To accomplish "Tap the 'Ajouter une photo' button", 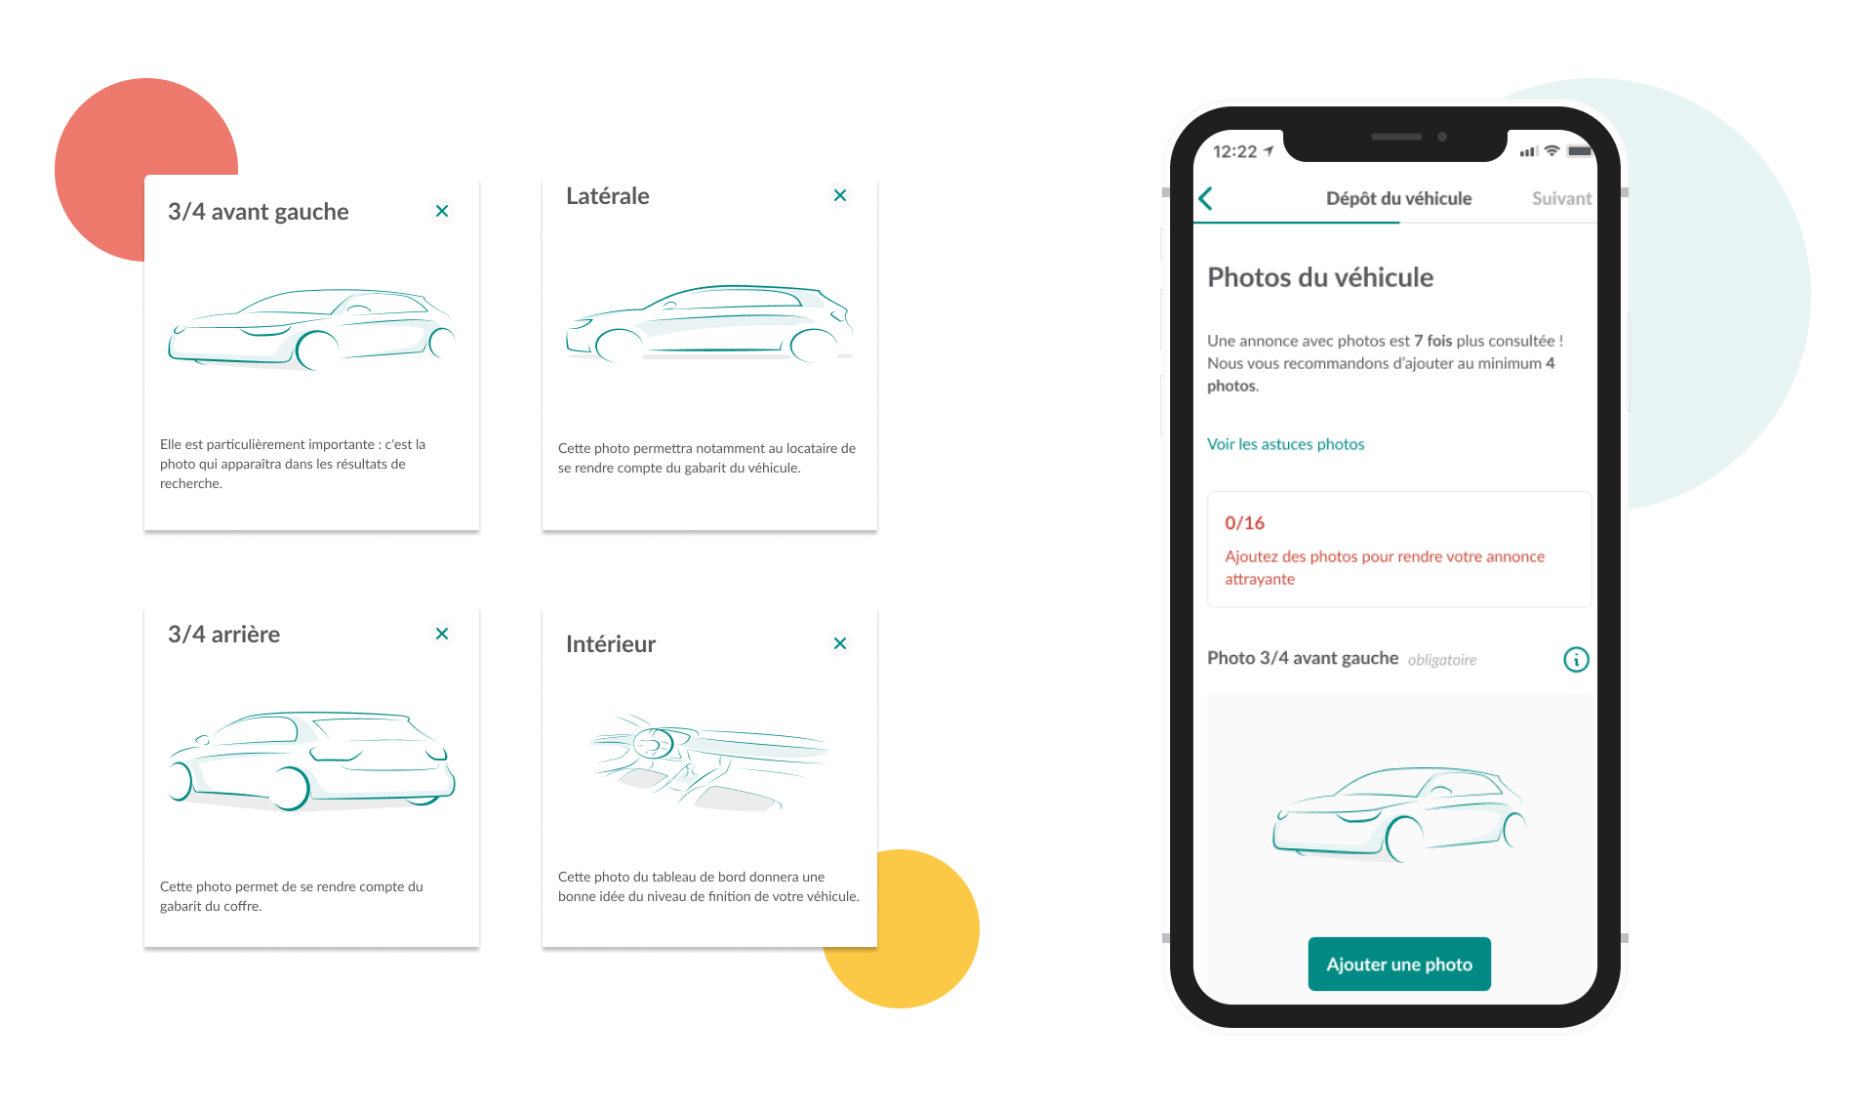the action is click(1398, 964).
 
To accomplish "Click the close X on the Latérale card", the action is click(840, 195).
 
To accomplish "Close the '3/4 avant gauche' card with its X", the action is click(442, 211).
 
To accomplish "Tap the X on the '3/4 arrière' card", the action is click(442, 634).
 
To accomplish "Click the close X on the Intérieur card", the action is click(840, 643).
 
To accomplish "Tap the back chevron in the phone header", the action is click(1206, 198).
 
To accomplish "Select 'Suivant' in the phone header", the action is click(1561, 198).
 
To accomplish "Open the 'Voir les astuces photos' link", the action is click(1285, 444).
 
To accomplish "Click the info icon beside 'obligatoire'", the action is click(1576, 660).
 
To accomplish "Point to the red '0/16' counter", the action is click(1244, 523).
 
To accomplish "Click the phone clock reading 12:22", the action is click(1234, 151).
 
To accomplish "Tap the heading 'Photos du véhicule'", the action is click(1320, 277).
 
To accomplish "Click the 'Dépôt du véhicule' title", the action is click(1398, 198).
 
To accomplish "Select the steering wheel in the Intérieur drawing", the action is click(654, 744).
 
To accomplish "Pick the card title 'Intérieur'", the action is click(611, 644).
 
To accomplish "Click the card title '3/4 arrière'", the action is click(223, 635).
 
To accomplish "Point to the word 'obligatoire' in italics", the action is click(1441, 660).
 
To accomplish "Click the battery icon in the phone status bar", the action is click(1580, 151).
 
